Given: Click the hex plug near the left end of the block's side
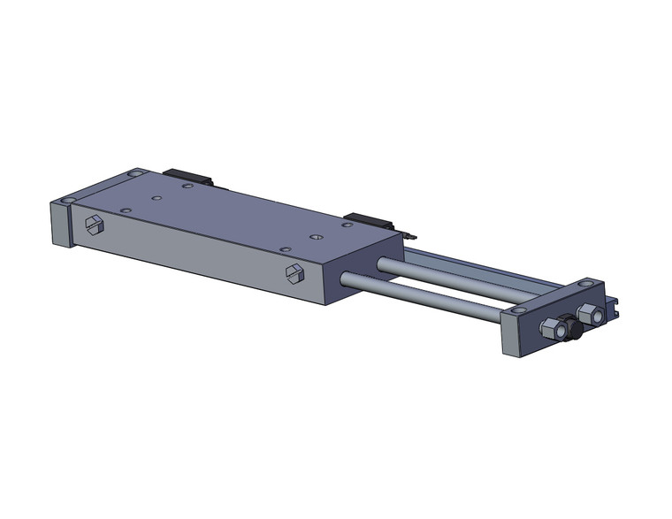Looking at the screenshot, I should [x=93, y=225].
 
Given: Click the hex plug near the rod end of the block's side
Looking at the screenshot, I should [x=295, y=273].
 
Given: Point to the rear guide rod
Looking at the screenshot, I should [x=442, y=275].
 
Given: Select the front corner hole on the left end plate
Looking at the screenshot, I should [x=68, y=203].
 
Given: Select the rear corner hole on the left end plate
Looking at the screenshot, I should [x=133, y=174].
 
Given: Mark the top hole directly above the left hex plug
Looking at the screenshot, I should [x=125, y=210].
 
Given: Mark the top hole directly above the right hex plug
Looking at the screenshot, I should [x=283, y=248].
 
